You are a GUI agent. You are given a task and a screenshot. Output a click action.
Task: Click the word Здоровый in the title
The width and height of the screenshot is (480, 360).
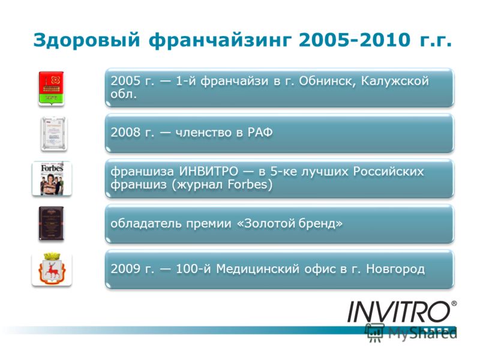(x=86, y=40)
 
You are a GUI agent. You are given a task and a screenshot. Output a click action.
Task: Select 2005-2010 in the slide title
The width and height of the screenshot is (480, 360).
(x=355, y=40)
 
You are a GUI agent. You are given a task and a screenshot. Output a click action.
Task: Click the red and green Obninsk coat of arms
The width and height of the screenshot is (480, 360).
(x=51, y=88)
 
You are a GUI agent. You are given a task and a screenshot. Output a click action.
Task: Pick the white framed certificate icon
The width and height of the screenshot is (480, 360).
(x=54, y=133)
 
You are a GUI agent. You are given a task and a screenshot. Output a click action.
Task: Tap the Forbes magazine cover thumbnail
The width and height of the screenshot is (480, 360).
(x=52, y=179)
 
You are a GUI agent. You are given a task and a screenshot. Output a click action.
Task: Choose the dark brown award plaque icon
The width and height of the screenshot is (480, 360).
(x=52, y=223)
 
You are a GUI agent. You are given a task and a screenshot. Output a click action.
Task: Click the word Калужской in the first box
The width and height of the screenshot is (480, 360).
(x=395, y=81)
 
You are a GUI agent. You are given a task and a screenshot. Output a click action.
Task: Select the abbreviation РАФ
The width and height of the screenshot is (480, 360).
(x=260, y=132)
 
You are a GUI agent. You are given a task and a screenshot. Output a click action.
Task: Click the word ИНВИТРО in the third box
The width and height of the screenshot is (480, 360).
(x=208, y=171)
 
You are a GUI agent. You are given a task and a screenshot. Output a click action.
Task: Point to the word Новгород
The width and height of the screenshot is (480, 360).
(x=395, y=269)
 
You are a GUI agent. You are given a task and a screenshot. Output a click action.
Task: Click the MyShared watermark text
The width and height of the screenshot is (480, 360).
(x=422, y=333)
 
